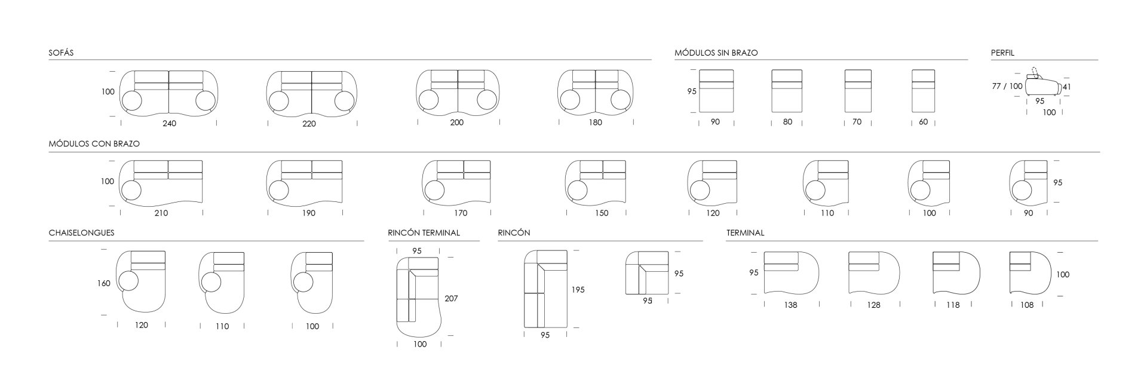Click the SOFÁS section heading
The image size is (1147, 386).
(61, 53)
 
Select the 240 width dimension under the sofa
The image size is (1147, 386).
(169, 123)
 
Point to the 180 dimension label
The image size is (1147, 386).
(595, 122)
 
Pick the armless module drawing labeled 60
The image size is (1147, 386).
(923, 91)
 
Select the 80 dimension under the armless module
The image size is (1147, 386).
(787, 122)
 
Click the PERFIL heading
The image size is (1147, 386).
(1002, 53)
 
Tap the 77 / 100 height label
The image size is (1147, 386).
(1007, 86)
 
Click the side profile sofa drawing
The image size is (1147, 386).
(1043, 85)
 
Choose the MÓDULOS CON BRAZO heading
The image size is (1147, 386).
(94, 143)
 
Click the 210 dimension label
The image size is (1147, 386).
(161, 213)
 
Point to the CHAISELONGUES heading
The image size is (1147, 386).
(81, 232)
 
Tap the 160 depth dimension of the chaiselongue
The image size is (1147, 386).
(103, 283)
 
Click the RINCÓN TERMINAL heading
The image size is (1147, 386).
(424, 232)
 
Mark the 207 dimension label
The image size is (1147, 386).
(451, 298)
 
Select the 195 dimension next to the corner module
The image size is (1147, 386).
(578, 290)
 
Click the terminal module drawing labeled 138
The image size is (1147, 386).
(791, 272)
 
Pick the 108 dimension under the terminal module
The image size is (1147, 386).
(1027, 305)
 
